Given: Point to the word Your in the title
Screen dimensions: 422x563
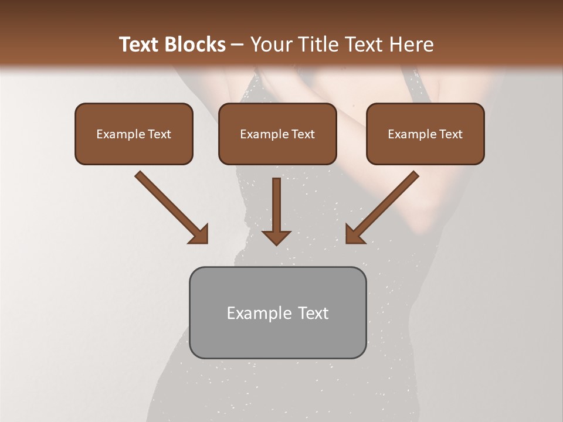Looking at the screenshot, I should tap(269, 45).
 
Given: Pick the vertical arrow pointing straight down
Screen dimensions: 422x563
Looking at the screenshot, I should tap(276, 205).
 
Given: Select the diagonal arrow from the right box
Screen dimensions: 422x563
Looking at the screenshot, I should tap(387, 202).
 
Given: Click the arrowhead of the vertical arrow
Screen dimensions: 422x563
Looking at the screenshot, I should tap(276, 237).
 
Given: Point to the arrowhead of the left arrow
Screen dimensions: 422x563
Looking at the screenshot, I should tap(199, 234).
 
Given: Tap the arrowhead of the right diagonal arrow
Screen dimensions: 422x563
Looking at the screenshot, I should tap(354, 234).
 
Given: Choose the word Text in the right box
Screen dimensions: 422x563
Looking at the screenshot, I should tap(451, 134).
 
